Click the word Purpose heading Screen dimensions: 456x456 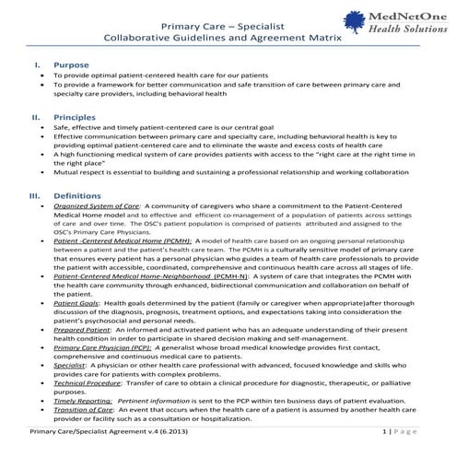point(71,67)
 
